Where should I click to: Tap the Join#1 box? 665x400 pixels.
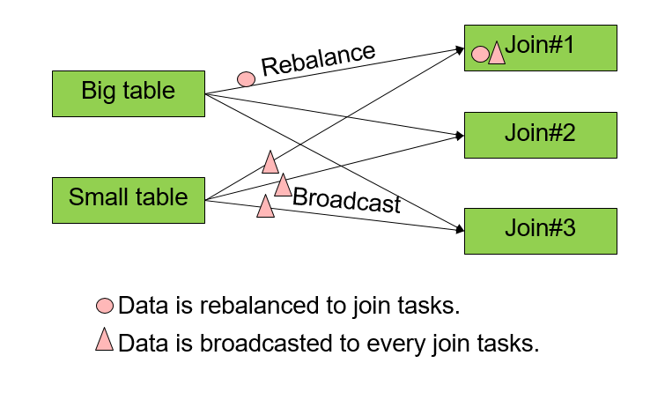[540, 48]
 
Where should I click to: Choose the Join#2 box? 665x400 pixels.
[540, 135]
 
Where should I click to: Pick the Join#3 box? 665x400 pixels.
[540, 230]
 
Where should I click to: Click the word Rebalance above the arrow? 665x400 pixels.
[318, 59]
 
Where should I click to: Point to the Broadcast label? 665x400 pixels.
[346, 201]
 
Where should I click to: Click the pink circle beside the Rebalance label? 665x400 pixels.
[247, 78]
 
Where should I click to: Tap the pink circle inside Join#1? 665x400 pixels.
[480, 55]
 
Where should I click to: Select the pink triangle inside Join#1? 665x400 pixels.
[496, 54]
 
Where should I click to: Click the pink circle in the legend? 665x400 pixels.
[105, 306]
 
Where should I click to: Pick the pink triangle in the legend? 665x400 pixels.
[105, 339]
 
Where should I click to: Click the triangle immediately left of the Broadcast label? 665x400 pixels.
[283, 185]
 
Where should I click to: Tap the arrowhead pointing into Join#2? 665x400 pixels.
[459, 136]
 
